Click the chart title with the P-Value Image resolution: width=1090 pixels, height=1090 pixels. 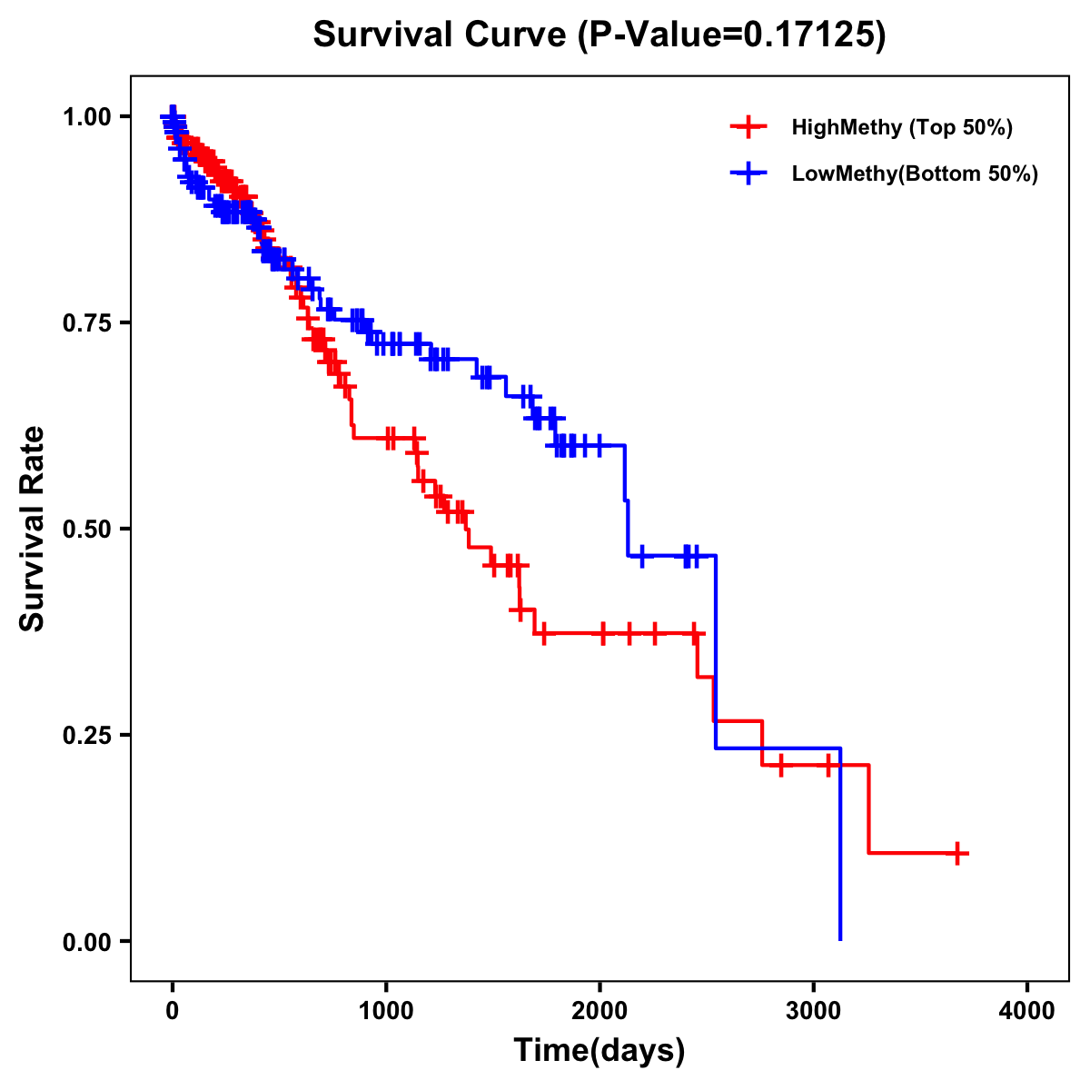(599, 35)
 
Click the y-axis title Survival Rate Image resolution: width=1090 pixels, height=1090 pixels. (33, 529)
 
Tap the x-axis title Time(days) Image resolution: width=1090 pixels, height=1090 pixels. (599, 1051)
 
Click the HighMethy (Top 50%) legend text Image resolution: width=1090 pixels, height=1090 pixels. (902, 127)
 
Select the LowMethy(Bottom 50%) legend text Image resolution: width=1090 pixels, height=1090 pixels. (915, 173)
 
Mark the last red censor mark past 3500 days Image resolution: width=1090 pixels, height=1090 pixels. (957, 853)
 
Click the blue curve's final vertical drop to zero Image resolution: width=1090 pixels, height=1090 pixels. (840, 845)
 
